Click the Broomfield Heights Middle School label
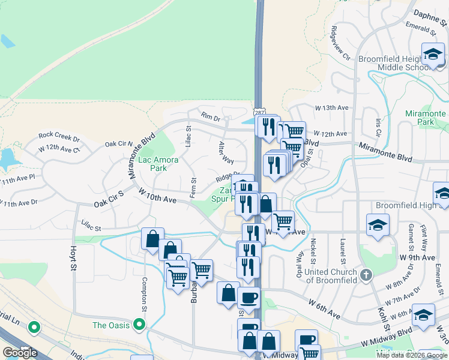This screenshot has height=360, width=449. point(401,63)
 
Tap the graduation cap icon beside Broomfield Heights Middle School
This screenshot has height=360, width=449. point(432,55)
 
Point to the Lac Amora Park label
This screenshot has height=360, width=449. point(153,164)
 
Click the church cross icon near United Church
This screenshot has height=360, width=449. point(366,275)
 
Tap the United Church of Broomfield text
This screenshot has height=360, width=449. point(330,276)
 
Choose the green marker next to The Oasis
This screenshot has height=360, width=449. point(140,325)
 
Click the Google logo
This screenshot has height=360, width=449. point(20,352)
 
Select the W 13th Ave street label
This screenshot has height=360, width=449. point(332,107)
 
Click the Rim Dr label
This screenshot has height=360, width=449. point(211,118)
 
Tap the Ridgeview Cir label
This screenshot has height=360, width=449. point(340,46)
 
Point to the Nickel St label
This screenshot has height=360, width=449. point(313,251)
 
